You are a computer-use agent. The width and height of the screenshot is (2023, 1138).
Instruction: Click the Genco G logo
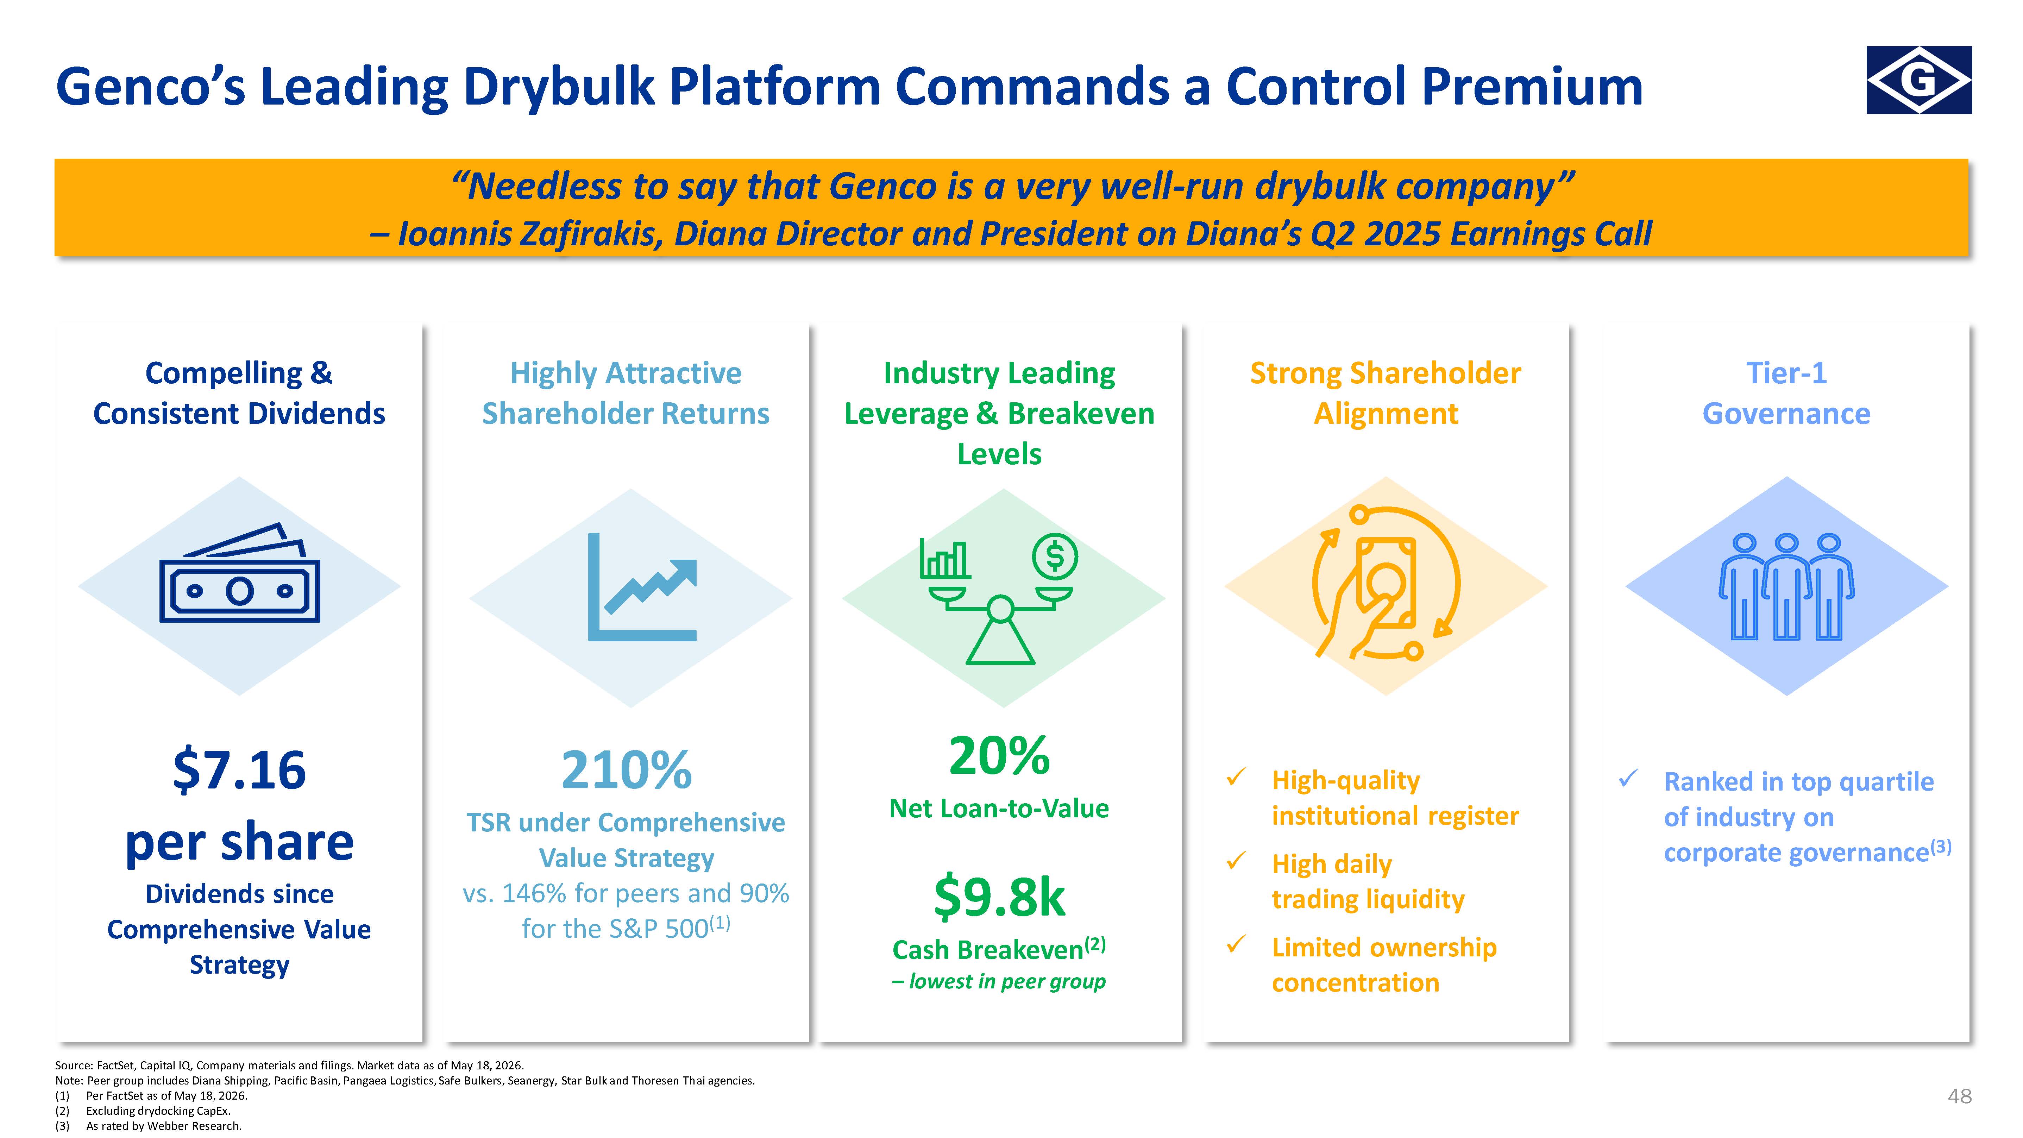(1918, 80)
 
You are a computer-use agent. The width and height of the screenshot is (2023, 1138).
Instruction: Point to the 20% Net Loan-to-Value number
(999, 755)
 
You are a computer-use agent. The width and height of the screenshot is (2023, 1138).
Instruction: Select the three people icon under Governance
(1786, 587)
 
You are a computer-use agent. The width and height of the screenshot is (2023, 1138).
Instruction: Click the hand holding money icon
(1386, 583)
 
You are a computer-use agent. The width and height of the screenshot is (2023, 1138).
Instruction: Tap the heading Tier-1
(1786, 373)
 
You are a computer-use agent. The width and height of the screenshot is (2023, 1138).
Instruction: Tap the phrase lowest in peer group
(1007, 982)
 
